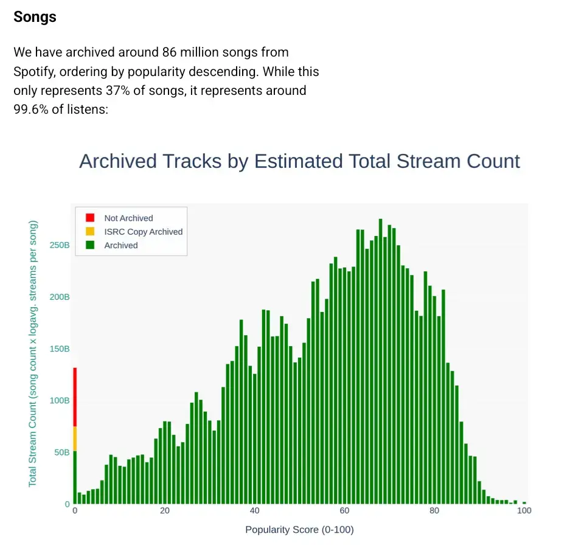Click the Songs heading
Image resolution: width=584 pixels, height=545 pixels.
[35, 17]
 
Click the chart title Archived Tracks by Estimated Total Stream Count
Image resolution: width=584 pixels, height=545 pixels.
[299, 161]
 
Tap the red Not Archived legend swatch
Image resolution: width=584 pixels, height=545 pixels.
[90, 218]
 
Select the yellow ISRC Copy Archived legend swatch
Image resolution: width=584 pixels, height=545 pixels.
[90, 232]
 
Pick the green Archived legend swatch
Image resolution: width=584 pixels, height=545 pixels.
[90, 245]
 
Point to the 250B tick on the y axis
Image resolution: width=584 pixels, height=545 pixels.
[60, 245]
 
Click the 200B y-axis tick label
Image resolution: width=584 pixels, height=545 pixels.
[60, 297]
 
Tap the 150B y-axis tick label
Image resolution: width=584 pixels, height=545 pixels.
[60, 349]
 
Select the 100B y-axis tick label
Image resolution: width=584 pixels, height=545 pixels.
[60, 400]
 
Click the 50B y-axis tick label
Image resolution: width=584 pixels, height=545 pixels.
[62, 452]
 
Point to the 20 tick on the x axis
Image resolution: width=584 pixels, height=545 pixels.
[165, 511]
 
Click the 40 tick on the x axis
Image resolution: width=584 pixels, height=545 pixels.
[255, 511]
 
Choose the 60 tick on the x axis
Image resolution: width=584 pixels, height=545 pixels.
[344, 511]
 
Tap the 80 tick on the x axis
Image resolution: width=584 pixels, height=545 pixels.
[434, 511]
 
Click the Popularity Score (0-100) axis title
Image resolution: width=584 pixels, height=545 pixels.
[299, 530]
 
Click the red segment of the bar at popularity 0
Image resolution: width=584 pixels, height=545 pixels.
[75, 397]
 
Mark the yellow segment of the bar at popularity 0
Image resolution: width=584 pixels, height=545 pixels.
[75, 439]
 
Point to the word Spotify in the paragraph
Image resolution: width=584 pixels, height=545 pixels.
[34, 71]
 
